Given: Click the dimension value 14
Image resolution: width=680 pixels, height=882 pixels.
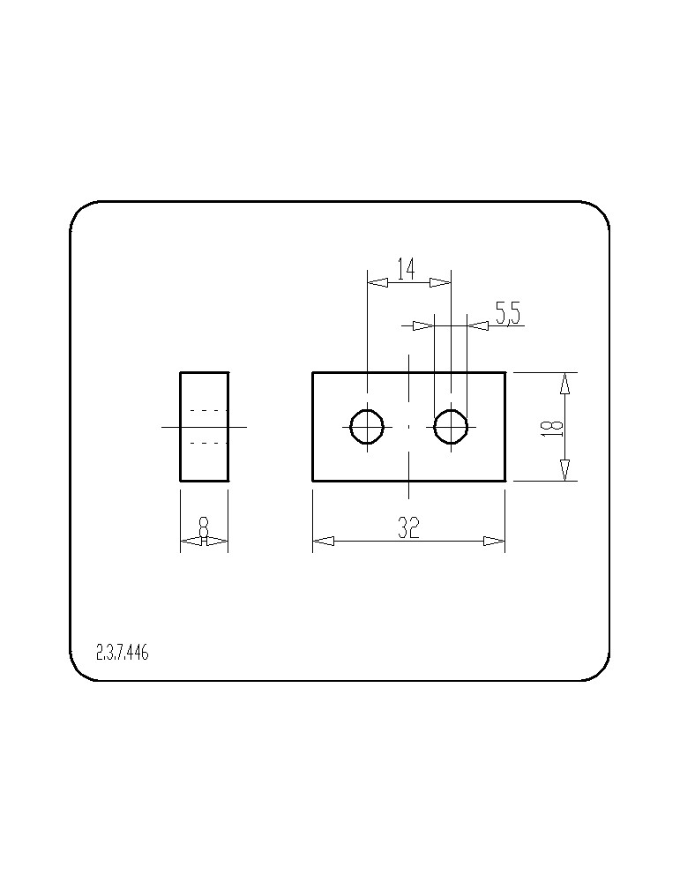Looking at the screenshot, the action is click(406, 269).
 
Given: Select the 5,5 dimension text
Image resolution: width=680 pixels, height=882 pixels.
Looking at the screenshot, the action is click(508, 313).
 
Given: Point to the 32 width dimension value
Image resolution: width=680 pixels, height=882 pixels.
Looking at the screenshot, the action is click(409, 527).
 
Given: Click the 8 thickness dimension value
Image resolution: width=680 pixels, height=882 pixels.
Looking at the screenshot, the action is click(204, 528).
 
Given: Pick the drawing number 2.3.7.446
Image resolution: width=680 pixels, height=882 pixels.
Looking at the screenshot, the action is click(122, 653).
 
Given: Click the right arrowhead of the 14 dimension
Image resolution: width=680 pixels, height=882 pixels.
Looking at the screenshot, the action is click(440, 282).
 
